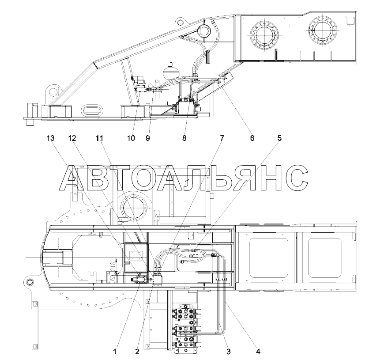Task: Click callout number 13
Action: tap(50, 138)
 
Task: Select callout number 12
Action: tap(72, 138)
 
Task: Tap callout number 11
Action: tap(99, 138)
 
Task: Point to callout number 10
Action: tap(131, 138)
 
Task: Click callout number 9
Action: tap(148, 138)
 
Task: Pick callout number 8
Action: tap(185, 138)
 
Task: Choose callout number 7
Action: tap(222, 138)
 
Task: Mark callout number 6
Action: tap(252, 138)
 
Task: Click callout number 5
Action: tap(279, 138)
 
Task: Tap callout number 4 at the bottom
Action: tap(258, 351)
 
